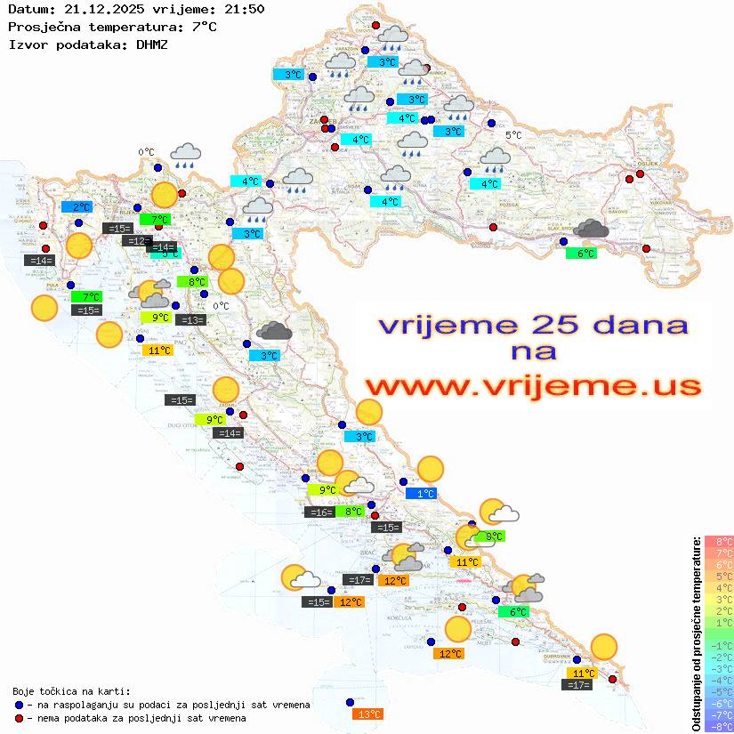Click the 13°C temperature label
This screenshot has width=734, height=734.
368,714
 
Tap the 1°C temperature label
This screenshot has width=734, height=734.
421,493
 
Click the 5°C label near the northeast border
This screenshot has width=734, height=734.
513,135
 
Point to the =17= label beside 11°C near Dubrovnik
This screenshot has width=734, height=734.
578,685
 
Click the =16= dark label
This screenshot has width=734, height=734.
319,512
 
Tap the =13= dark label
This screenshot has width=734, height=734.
190,320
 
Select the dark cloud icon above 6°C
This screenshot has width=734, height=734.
591,230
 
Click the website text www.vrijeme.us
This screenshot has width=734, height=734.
532,387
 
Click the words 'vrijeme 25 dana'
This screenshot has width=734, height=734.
532,325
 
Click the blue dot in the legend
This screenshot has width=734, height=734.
19,704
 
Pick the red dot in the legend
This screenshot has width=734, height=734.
19,718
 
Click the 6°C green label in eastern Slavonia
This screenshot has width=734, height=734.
581,254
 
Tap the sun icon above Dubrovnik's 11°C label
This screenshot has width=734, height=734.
604,647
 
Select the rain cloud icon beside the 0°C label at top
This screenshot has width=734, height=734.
185,156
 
